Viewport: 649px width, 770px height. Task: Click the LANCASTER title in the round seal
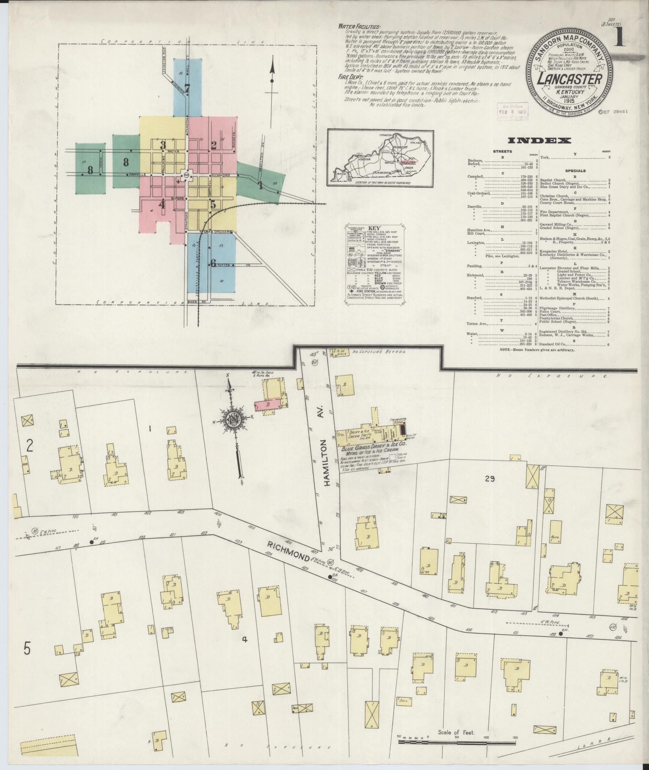click(x=565, y=79)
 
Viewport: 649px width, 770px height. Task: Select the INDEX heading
click(x=540, y=140)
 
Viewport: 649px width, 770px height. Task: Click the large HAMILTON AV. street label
click(x=326, y=463)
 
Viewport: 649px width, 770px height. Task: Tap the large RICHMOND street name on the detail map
click(x=289, y=550)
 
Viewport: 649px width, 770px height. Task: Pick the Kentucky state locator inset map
click(x=380, y=158)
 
